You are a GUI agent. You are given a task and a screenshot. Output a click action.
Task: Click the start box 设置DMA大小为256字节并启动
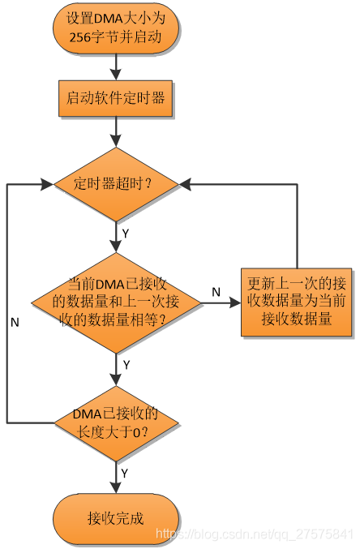tap(116, 28)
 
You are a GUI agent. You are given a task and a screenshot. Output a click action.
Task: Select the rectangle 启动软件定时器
tap(116, 98)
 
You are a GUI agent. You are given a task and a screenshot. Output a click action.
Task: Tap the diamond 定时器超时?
tap(116, 184)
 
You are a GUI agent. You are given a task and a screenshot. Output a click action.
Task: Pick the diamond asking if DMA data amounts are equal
tap(116, 302)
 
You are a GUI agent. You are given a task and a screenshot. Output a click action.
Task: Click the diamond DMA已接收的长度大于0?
tap(116, 423)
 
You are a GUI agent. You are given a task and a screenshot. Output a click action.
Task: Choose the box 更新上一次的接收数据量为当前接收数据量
tap(296, 302)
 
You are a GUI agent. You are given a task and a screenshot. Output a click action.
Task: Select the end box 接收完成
tap(116, 518)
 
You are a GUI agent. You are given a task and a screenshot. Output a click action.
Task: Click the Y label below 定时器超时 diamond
tap(126, 234)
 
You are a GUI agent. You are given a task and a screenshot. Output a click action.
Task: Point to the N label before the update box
tap(216, 292)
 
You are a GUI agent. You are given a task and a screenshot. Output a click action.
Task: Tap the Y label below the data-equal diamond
tap(126, 365)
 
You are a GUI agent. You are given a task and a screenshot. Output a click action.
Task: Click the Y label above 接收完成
tap(124, 474)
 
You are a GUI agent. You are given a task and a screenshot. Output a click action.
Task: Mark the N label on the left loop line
tap(15, 322)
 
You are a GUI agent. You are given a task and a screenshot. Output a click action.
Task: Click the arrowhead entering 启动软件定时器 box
tap(116, 75)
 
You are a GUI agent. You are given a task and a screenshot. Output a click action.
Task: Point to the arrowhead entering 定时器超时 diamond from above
tap(116, 141)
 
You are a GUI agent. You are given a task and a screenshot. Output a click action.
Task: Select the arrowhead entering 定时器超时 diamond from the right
tap(185, 184)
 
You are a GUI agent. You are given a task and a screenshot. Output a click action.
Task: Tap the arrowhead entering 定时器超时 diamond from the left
tap(47, 184)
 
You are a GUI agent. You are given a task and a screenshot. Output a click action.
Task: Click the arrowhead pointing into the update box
tap(235, 302)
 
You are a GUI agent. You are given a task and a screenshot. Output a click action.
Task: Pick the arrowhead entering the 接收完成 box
tap(116, 487)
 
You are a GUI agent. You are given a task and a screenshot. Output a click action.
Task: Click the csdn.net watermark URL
tap(255, 534)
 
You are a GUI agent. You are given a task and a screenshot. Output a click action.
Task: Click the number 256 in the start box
tap(80, 37)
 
